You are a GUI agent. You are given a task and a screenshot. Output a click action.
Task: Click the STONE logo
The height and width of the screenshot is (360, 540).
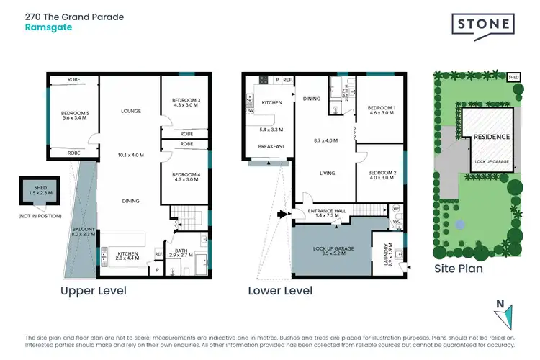pos(482,26)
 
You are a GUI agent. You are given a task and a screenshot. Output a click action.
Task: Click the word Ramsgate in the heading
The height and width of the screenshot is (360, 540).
pos(48,27)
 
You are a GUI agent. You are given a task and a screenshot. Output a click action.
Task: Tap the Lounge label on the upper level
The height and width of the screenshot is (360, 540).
pos(130,111)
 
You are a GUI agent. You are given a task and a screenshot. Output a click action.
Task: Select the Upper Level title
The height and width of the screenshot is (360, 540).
pos(94,291)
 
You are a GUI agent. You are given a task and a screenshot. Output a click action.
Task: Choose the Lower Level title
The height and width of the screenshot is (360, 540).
pos(280,291)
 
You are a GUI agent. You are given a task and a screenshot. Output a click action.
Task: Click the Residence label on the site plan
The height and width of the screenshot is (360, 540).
pos(492,137)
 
